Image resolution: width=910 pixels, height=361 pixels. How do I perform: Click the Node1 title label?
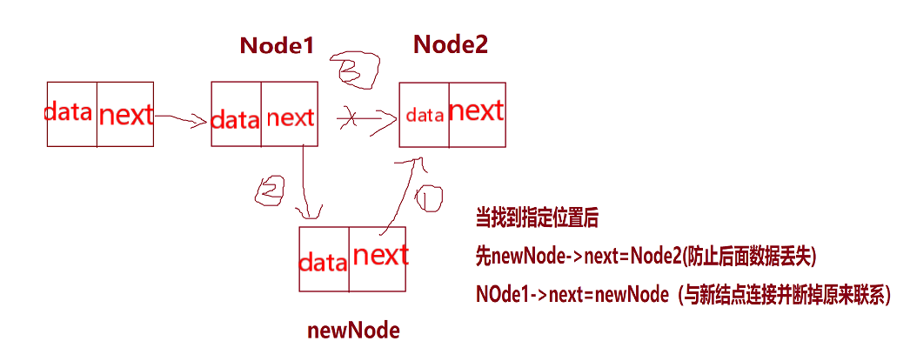point(276,46)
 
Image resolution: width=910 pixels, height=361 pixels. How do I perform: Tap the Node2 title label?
point(450,44)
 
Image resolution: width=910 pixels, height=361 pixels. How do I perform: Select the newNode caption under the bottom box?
point(353,331)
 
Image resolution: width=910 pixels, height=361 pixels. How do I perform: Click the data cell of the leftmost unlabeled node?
point(71,113)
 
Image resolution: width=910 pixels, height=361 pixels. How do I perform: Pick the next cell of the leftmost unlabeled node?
point(124,114)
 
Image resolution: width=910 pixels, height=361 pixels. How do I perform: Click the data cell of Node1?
point(235,118)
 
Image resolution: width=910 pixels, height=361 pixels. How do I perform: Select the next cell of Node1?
point(290,117)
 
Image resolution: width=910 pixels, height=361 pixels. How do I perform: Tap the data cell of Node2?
point(425,115)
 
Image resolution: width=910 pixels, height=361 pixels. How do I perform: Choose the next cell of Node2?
point(476,112)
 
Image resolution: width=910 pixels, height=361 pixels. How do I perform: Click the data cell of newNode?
point(324,260)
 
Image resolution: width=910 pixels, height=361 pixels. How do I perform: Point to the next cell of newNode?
point(378,257)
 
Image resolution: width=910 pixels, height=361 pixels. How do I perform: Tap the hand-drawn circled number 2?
point(269,189)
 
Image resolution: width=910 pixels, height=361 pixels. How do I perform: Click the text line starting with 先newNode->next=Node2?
point(645,257)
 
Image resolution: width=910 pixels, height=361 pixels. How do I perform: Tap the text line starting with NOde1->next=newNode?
point(684,295)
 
